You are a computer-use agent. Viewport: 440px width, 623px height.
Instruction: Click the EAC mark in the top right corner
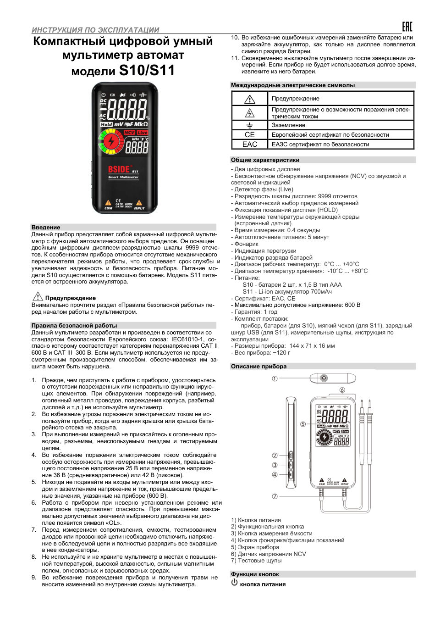(407, 27)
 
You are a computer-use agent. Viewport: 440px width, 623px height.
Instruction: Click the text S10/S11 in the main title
(147, 71)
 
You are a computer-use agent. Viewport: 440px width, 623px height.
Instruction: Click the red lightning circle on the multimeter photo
(110, 141)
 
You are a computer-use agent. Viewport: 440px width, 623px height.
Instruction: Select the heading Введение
(46, 227)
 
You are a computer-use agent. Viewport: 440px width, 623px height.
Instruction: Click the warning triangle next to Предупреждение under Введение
(38, 296)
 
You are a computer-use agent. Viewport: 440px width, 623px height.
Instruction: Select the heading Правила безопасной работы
(74, 325)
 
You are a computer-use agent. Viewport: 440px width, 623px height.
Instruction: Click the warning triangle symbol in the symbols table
(249, 99)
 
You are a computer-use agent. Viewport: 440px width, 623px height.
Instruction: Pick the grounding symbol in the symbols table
(249, 125)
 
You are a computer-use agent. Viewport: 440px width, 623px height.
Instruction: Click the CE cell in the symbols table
(249, 135)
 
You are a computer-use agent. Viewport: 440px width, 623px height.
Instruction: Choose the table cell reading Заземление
(288, 125)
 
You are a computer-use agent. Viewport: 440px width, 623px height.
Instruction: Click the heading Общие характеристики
(265, 160)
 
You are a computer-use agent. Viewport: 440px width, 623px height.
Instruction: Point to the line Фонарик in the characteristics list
(247, 244)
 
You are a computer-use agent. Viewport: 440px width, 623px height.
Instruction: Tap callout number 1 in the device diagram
(275, 378)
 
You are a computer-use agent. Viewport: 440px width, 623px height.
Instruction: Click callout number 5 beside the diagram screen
(303, 424)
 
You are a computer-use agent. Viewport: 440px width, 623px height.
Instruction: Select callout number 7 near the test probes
(275, 496)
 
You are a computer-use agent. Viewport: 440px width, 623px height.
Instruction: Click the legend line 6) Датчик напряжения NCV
(269, 554)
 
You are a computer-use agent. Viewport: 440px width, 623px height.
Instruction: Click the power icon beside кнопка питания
(235, 582)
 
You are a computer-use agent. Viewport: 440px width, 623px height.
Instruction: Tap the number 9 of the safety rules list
(33, 578)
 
